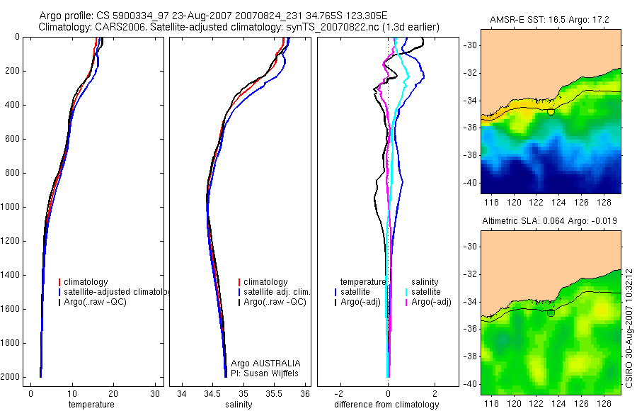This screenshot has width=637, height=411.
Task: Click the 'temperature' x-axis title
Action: [x=91, y=405]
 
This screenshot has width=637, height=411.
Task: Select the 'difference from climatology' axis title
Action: [x=388, y=405]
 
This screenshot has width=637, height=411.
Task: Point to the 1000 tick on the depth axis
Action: [x=11, y=207]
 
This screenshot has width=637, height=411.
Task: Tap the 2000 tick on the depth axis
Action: [x=11, y=377]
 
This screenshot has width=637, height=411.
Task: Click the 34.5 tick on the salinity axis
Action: [x=212, y=393]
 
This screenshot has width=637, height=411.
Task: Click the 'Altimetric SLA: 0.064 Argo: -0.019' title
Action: [x=550, y=221]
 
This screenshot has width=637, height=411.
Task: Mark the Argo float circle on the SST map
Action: [x=551, y=111]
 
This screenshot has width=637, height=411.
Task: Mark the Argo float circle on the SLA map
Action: [x=551, y=313]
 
